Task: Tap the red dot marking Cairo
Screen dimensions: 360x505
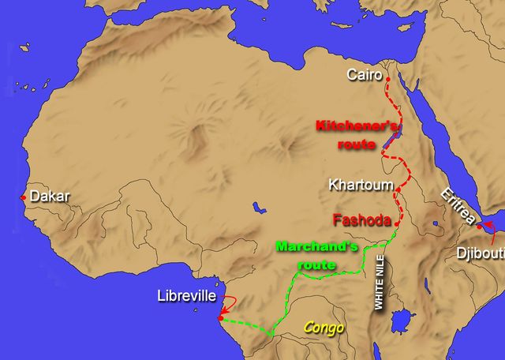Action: [x=387, y=77]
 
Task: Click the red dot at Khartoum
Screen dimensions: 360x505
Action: [x=398, y=190]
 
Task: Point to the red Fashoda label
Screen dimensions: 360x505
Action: [x=362, y=220]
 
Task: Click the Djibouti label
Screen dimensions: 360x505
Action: [x=481, y=253]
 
